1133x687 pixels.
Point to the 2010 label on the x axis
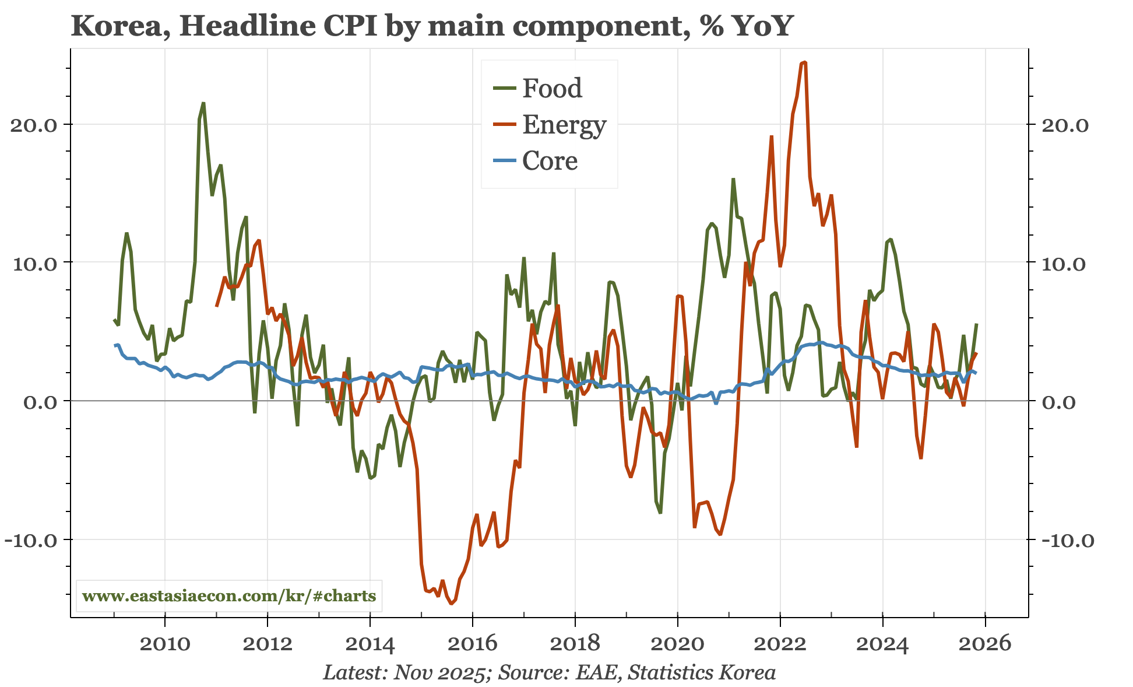pyautogui.click(x=165, y=644)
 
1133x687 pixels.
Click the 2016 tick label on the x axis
pyautogui.click(x=473, y=644)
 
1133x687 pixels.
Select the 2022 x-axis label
pyautogui.click(x=780, y=644)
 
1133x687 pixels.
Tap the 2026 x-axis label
pyautogui.click(x=985, y=644)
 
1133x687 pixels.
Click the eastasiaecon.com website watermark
pyautogui.click(x=229, y=596)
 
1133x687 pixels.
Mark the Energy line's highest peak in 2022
pyautogui.click(x=805, y=62)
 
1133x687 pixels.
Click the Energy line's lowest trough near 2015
pyautogui.click(x=451, y=604)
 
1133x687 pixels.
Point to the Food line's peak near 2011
pyautogui.click(x=203, y=103)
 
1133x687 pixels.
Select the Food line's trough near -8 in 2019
pyautogui.click(x=660, y=513)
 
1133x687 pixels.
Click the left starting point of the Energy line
pyautogui.click(x=216, y=306)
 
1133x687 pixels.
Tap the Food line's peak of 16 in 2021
pyautogui.click(x=733, y=179)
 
